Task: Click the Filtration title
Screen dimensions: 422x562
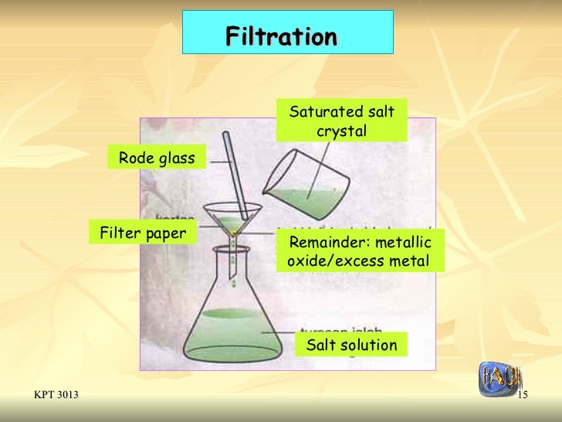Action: point(282,37)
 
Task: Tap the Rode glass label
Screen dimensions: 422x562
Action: point(157,159)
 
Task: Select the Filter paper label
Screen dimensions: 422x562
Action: point(144,232)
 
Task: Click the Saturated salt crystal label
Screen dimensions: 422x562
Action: point(341,121)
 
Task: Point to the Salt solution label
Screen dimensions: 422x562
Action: point(351,345)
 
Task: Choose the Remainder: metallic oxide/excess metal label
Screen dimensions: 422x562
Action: point(360,251)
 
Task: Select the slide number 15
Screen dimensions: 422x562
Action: point(522,396)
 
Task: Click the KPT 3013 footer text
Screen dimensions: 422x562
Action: point(56,396)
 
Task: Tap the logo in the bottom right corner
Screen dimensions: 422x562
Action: point(499,379)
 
